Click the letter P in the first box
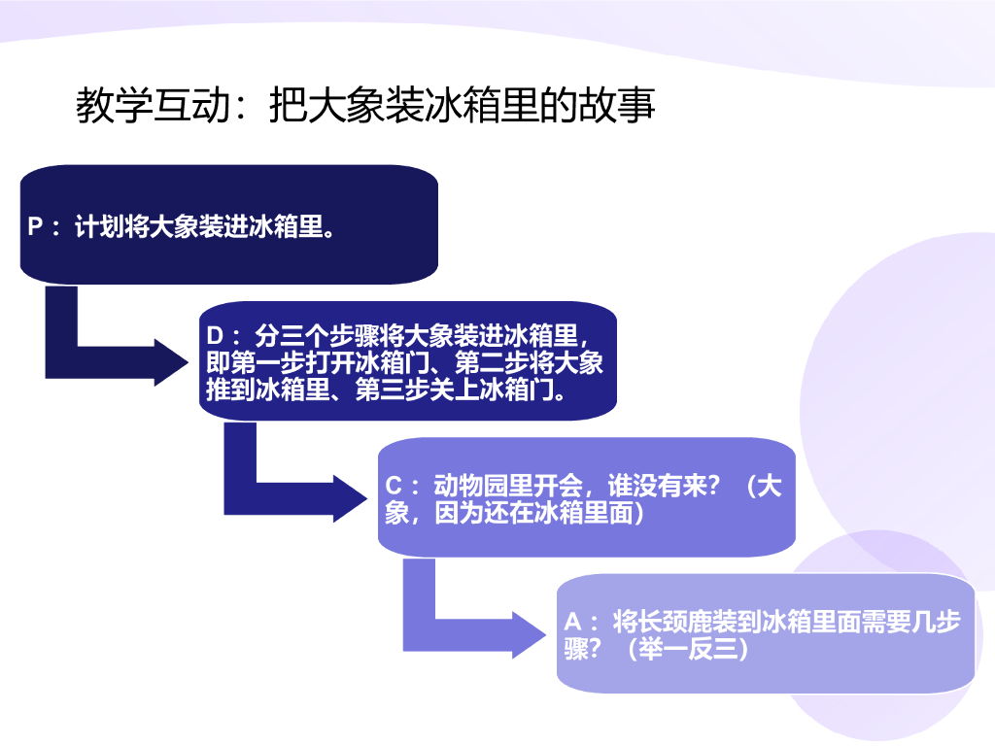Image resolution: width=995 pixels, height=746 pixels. [x=36, y=228]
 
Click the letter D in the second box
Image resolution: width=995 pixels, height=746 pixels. [x=216, y=336]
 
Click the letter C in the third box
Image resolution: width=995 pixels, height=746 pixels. [x=395, y=487]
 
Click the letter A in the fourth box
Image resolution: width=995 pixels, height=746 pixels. [x=573, y=622]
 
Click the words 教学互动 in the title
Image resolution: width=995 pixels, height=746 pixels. [x=153, y=105]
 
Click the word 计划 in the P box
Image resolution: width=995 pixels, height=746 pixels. [x=99, y=228]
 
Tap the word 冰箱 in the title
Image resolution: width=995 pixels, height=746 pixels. [x=448, y=105]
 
